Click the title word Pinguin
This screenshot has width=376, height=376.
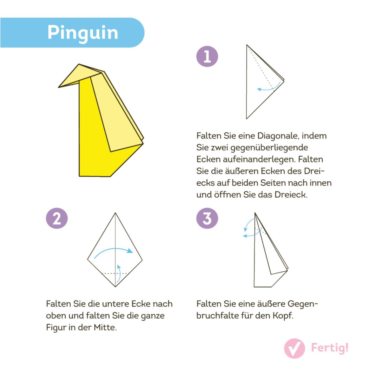click(x=83, y=33)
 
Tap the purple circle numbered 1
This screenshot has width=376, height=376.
click(x=207, y=56)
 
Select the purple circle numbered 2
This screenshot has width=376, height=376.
click(x=57, y=218)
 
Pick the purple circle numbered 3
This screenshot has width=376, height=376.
click(x=207, y=218)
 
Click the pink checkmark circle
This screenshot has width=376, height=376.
click(x=294, y=348)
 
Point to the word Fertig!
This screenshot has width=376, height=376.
click(x=330, y=348)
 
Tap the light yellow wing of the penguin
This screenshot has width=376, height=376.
click(x=114, y=112)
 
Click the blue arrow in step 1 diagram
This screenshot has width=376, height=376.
click(x=268, y=88)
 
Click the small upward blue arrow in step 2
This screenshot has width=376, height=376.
click(x=119, y=273)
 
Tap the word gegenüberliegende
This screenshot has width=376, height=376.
click(x=269, y=148)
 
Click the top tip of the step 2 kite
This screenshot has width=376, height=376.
click(x=115, y=213)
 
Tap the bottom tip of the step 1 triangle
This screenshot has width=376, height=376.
click(x=247, y=119)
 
